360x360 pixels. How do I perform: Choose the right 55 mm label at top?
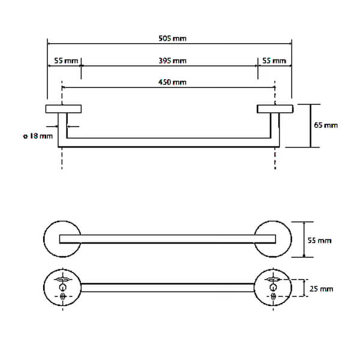(274, 61)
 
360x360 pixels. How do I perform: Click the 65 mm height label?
(326, 125)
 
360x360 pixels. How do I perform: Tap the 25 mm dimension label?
(322, 289)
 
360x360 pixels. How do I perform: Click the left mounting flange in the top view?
(64, 109)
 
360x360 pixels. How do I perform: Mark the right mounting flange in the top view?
(275, 109)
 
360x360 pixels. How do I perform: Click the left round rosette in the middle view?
(62, 239)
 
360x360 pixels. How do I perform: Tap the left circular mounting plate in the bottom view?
(62, 287)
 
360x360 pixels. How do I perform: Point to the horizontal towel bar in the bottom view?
(168, 287)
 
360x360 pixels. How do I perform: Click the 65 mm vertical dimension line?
(310, 125)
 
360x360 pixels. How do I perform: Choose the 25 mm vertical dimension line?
(304, 288)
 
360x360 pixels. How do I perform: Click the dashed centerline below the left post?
(62, 159)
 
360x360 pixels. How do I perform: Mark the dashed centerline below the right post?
(275, 159)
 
